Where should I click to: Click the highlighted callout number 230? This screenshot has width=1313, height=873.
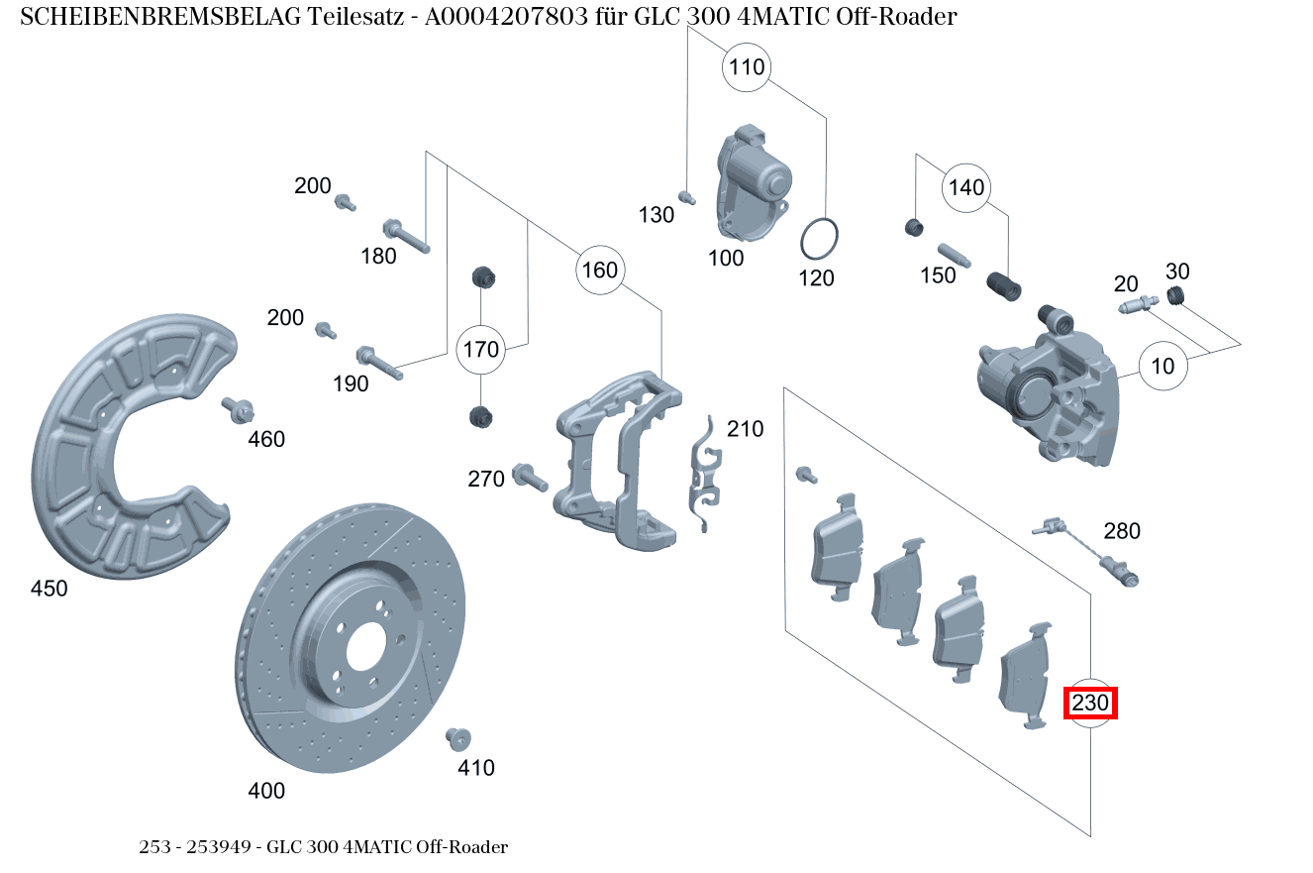tap(1090, 703)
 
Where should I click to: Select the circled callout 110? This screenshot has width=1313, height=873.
tap(747, 66)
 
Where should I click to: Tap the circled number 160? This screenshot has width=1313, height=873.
tap(600, 270)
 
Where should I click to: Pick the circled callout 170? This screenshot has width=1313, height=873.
tap(480, 350)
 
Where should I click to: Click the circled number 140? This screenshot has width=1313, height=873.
tap(966, 187)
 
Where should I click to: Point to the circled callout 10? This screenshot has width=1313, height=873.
tap(1162, 366)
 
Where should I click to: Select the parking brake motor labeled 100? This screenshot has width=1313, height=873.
tap(754, 182)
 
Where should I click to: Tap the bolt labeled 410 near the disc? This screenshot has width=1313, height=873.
tap(457, 738)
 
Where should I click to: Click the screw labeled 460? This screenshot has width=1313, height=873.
tap(238, 409)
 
